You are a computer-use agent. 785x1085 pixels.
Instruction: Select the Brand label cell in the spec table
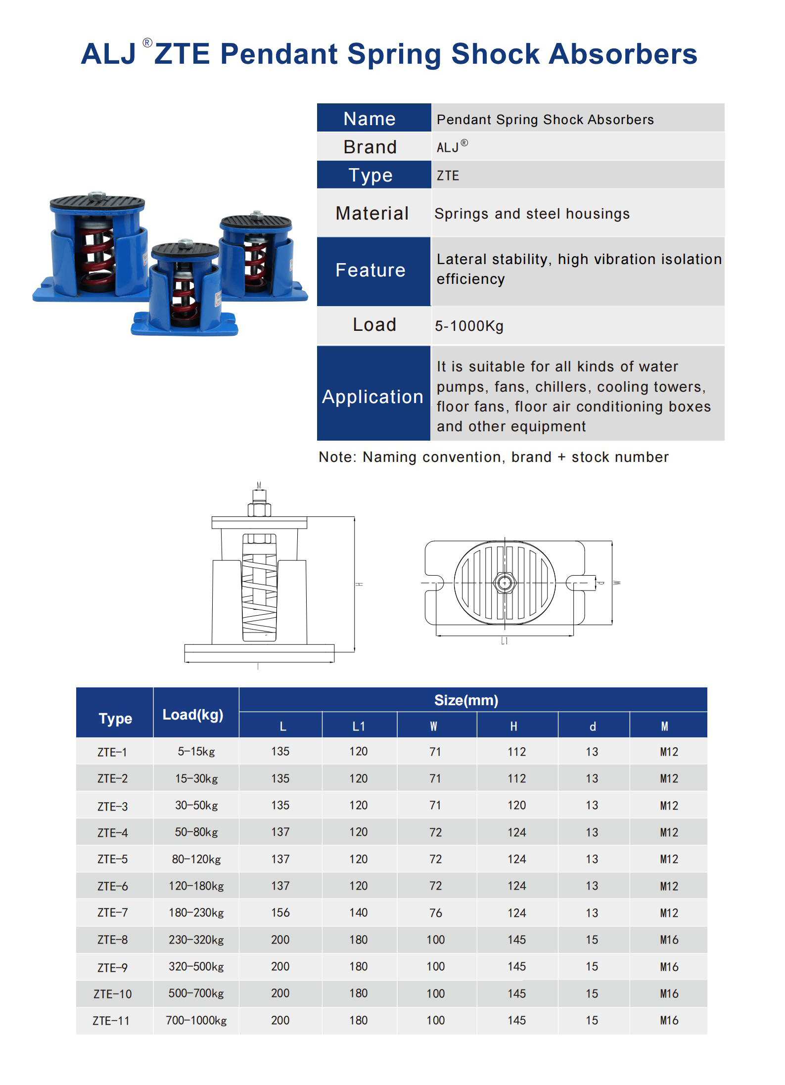point(370,147)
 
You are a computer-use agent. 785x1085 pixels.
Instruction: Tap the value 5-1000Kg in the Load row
point(469,326)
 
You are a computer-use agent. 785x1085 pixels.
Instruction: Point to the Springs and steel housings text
point(532,214)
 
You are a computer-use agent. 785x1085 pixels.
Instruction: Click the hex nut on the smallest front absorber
point(185,243)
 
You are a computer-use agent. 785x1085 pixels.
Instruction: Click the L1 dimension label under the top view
point(504,641)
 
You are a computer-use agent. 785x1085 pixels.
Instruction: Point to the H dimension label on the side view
point(360,585)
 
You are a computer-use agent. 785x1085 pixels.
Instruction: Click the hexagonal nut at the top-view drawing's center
point(505,583)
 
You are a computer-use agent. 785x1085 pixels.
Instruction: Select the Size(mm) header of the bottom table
point(466,700)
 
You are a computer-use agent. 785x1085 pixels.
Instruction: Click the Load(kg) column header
point(193,715)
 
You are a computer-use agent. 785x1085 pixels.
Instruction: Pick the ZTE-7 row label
point(113,913)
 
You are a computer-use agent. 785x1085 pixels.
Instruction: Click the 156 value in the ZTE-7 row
point(280,913)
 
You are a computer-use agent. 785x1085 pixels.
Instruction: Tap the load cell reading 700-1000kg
point(196,1020)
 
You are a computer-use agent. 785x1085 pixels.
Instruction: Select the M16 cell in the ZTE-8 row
point(669,940)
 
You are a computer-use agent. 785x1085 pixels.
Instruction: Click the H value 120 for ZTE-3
point(516,806)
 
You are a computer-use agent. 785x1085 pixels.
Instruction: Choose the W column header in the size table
point(433,726)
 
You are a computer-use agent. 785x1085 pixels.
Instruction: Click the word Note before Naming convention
point(336,457)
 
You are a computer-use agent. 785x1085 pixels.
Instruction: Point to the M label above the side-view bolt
point(259,486)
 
